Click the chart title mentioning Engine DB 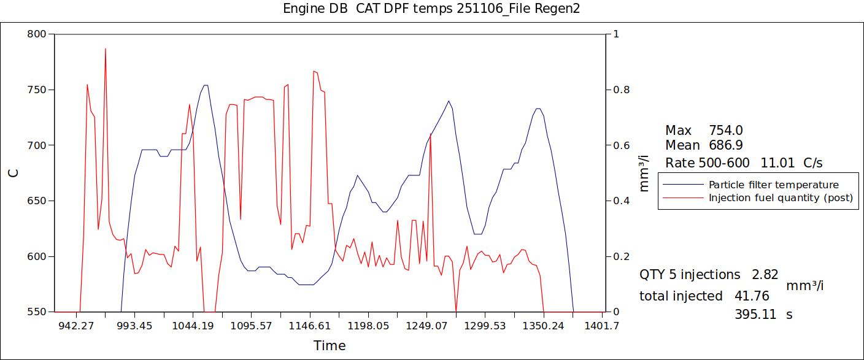(x=431, y=9)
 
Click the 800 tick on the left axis (x=37, y=34)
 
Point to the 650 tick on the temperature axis (x=37, y=201)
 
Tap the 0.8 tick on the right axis (x=620, y=90)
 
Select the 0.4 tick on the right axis (x=620, y=201)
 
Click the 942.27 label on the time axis (x=76, y=326)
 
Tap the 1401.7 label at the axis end (x=602, y=326)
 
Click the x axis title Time (x=330, y=346)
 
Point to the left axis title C (x=13, y=173)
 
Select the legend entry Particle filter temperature (x=773, y=185)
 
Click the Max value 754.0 (x=726, y=131)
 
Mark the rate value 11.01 (x=777, y=163)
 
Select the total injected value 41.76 (x=752, y=296)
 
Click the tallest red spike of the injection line (x=106, y=49)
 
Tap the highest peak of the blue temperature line (x=206, y=85)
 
